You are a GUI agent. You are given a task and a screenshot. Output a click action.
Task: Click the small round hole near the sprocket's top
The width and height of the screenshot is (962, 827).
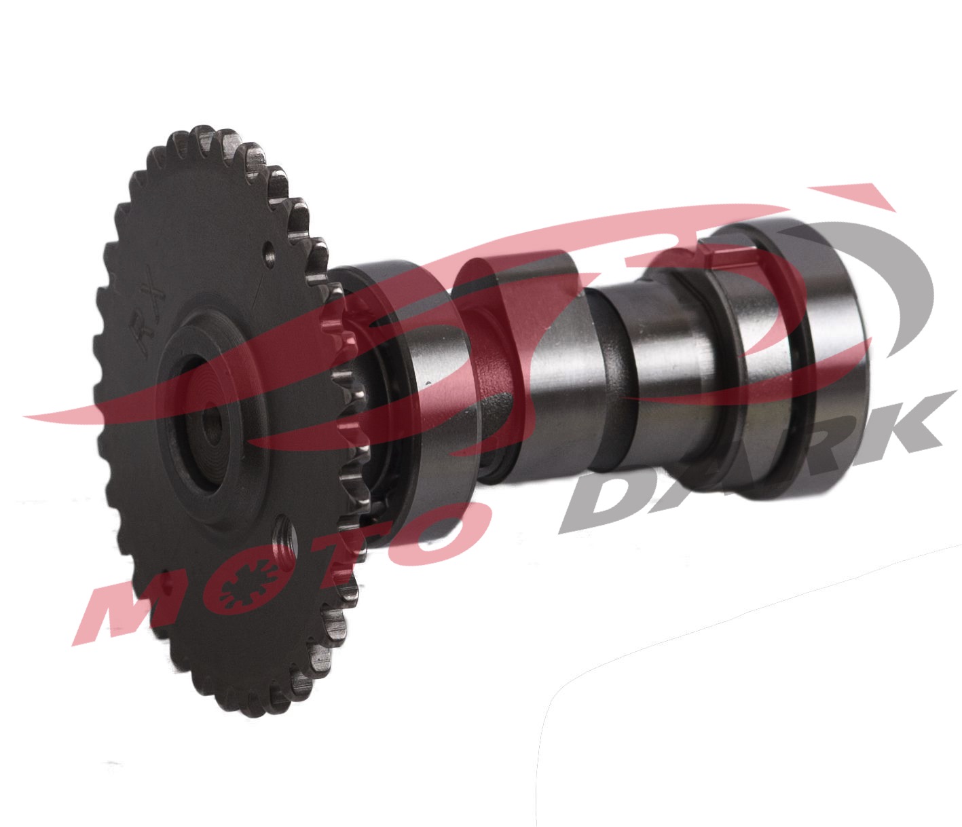click(x=269, y=254)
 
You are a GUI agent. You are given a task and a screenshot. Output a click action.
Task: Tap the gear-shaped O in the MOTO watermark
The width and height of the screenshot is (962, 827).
click(x=246, y=587)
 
